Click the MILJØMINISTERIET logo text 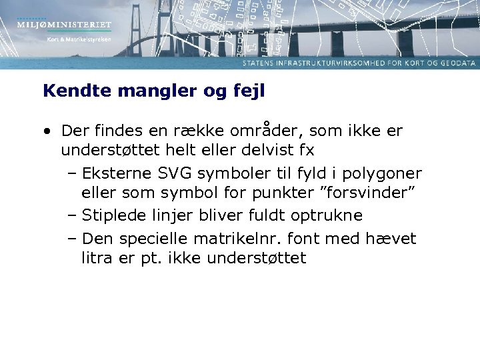coord(64,25)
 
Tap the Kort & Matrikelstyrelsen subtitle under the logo coord(79,39)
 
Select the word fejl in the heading coord(248,91)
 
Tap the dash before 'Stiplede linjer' coord(72,215)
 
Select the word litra coord(98,257)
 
